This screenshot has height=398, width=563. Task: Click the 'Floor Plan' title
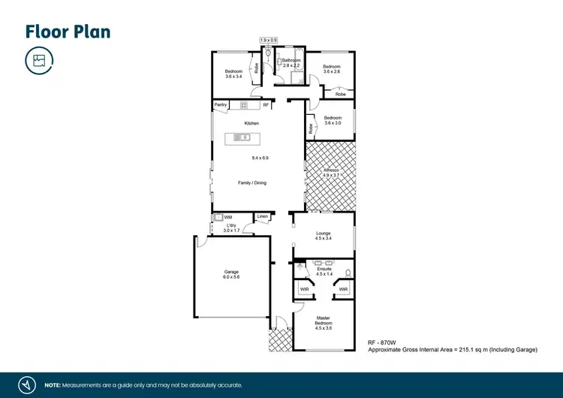(68, 31)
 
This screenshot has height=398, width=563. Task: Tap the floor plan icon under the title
(38, 60)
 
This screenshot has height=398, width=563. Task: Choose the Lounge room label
(324, 234)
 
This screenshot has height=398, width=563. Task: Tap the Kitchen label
(251, 123)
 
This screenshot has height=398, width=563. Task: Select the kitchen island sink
(244, 137)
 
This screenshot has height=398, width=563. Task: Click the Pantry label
(221, 104)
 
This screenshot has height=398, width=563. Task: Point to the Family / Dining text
(252, 182)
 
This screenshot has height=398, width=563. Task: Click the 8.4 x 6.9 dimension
(260, 158)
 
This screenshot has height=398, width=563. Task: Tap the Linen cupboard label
(262, 217)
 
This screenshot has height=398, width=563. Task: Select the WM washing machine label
(228, 217)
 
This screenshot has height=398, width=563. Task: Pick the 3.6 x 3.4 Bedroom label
(233, 74)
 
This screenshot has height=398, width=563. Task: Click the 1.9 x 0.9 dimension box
(268, 40)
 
